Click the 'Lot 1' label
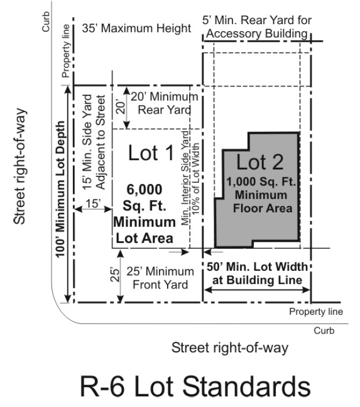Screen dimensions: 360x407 click(151, 153)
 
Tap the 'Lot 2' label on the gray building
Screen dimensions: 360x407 click(260, 162)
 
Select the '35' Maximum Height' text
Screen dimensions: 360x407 click(137, 28)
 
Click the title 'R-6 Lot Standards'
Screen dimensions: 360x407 click(196, 387)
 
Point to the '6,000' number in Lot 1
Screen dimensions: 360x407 click(145, 189)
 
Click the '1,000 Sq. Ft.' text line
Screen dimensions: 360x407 click(261, 181)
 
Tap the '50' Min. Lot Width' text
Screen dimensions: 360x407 click(257, 267)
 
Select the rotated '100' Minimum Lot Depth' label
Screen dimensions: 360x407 click(60, 189)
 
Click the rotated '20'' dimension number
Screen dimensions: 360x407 click(121, 107)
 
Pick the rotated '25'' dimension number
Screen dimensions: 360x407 click(115, 275)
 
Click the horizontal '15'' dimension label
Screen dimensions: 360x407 click(93, 204)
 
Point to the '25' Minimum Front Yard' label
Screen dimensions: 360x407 click(160, 278)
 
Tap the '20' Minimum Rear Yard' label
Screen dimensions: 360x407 click(164, 103)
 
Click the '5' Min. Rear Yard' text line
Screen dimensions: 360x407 click(257, 20)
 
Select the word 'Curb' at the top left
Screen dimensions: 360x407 click(46, 21)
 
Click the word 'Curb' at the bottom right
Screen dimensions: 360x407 click(324, 331)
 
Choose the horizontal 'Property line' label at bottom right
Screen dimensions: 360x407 click(316, 312)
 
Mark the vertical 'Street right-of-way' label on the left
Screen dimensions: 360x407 click(20, 166)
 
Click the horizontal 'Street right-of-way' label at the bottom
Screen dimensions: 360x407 click(230, 347)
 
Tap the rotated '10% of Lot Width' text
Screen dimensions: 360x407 click(196, 179)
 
